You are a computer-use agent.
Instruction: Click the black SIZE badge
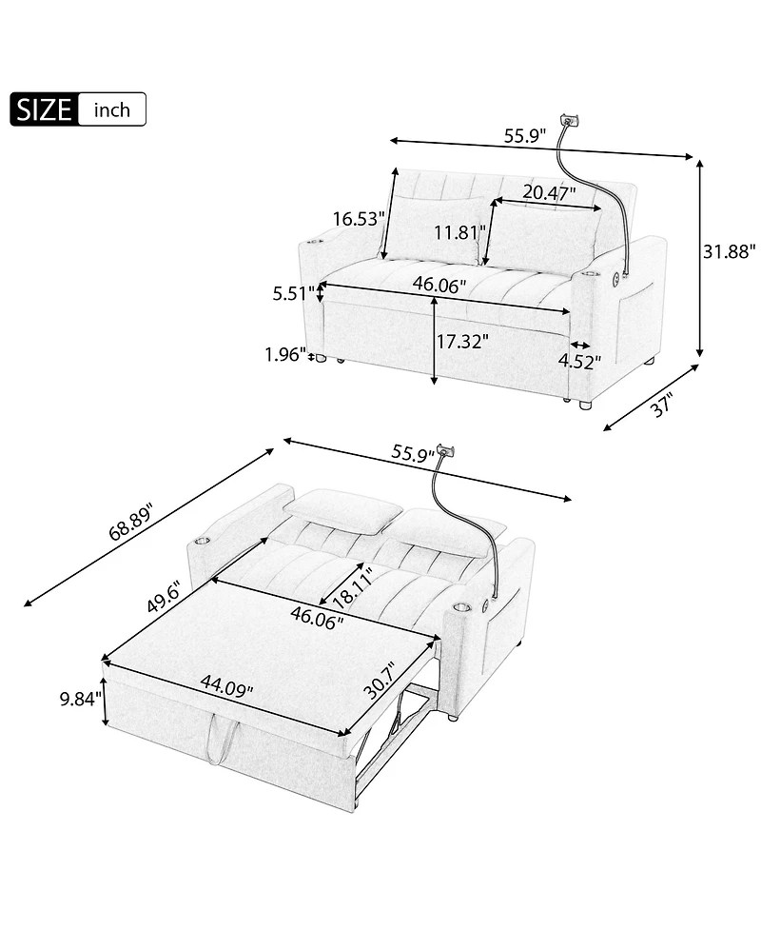tap(44, 109)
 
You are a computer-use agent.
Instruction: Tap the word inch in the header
tap(112, 109)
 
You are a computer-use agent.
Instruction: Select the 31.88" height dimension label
tap(729, 251)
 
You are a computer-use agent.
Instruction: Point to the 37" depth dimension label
tap(661, 406)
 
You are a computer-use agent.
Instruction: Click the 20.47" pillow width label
tap(549, 193)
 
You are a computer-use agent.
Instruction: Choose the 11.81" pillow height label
tap(459, 232)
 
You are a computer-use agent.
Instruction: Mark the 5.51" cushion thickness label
tap(293, 293)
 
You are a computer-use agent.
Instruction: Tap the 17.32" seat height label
tap(462, 341)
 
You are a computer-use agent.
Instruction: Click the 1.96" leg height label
tap(284, 355)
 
